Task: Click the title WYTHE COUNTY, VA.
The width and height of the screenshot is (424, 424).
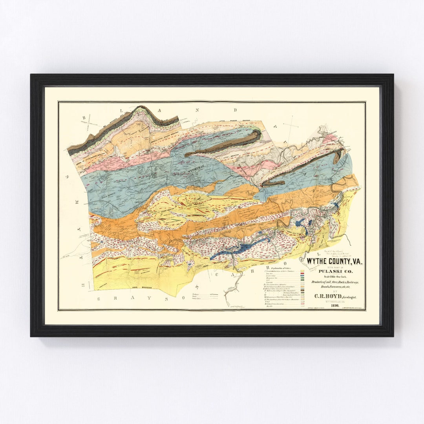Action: [x=334, y=261]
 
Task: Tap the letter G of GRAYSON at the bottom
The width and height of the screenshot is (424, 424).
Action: [x=99, y=299]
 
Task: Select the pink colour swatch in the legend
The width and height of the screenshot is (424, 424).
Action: [x=302, y=304]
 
